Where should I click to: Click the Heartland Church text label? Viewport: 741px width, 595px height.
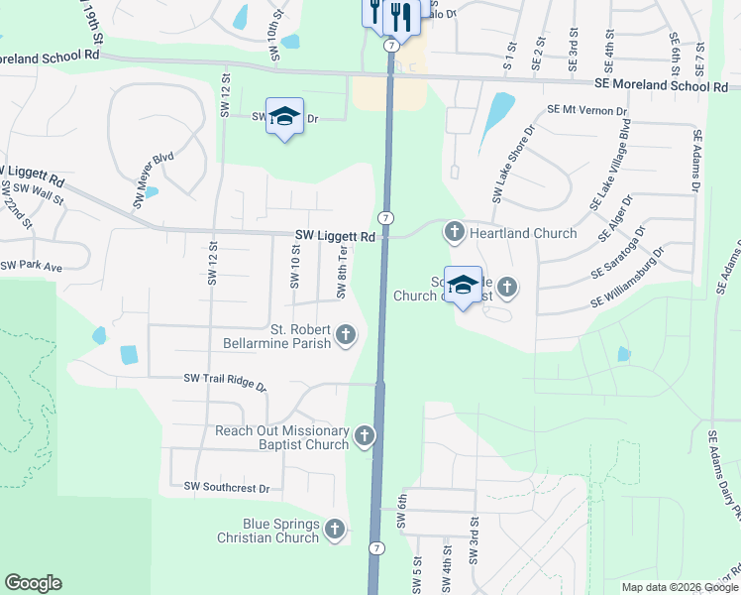(523, 233)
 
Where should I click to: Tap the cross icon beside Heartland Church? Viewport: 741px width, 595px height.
(455, 233)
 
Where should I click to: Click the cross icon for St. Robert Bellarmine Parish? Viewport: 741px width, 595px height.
(346, 335)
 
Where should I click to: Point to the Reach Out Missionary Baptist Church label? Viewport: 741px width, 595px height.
(282, 437)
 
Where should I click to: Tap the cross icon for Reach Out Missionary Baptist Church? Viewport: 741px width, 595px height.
(365, 436)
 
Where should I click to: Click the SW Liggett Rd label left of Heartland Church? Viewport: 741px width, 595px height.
(335, 237)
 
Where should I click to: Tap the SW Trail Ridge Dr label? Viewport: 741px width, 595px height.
(225, 381)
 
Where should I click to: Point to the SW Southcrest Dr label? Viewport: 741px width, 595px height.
(227, 487)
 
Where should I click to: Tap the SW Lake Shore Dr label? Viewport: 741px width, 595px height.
(513, 160)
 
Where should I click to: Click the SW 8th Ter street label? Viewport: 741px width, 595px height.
(342, 273)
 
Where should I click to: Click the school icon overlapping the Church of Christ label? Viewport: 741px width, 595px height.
(463, 286)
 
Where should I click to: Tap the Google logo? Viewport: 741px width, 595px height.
(33, 583)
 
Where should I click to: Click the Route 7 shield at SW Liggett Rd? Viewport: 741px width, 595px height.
(385, 218)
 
